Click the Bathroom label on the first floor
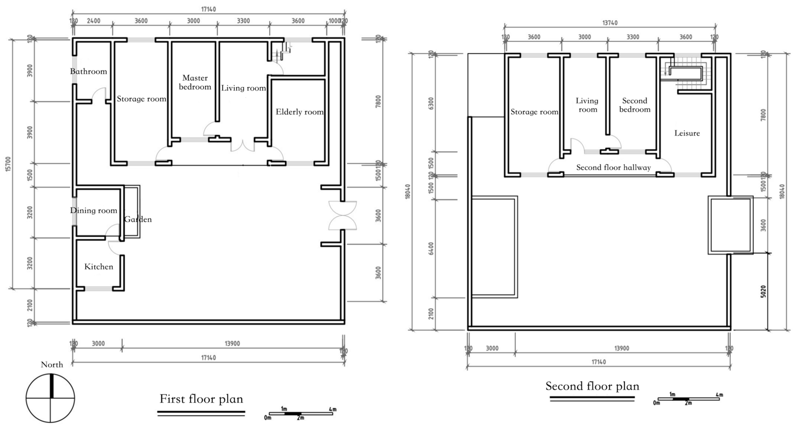pyautogui.click(x=88, y=71)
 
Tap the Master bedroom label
pyautogui.click(x=195, y=82)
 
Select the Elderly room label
pyautogui.click(x=300, y=112)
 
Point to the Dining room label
pyautogui.click(x=94, y=211)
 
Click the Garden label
pyautogui.click(x=138, y=219)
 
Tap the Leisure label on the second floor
pyautogui.click(x=687, y=133)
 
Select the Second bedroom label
pyautogui.click(x=634, y=105)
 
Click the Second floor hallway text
pyautogui.click(x=613, y=168)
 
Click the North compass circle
pyautogui.click(x=50, y=398)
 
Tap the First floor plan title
pyautogui.click(x=201, y=399)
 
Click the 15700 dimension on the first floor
pyautogui.click(x=8, y=164)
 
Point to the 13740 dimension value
pyautogui.click(x=610, y=23)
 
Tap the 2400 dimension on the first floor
pyautogui.click(x=93, y=21)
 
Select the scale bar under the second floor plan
pyautogui.click(x=689, y=399)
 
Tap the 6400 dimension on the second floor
pyautogui.click(x=431, y=249)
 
